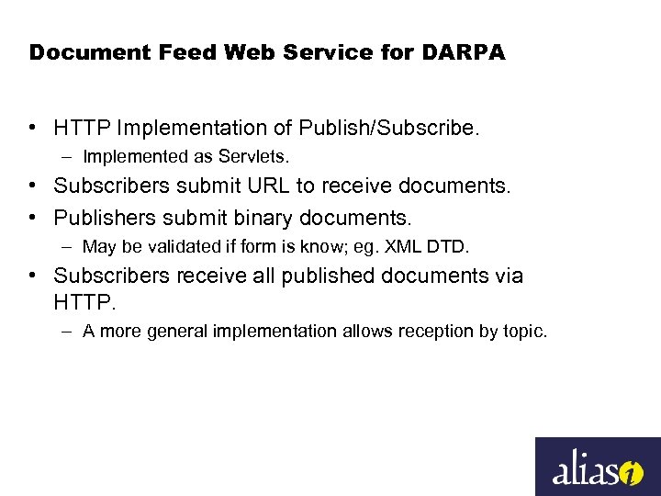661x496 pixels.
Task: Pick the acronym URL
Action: (x=265, y=186)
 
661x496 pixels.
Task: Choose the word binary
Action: (x=264, y=218)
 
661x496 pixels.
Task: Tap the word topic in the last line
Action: (x=522, y=331)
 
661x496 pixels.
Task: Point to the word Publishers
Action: (x=99, y=218)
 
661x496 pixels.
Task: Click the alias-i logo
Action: (x=598, y=467)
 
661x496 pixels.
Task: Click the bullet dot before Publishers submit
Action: (x=32, y=218)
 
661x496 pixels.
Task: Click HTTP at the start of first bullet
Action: (x=80, y=127)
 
